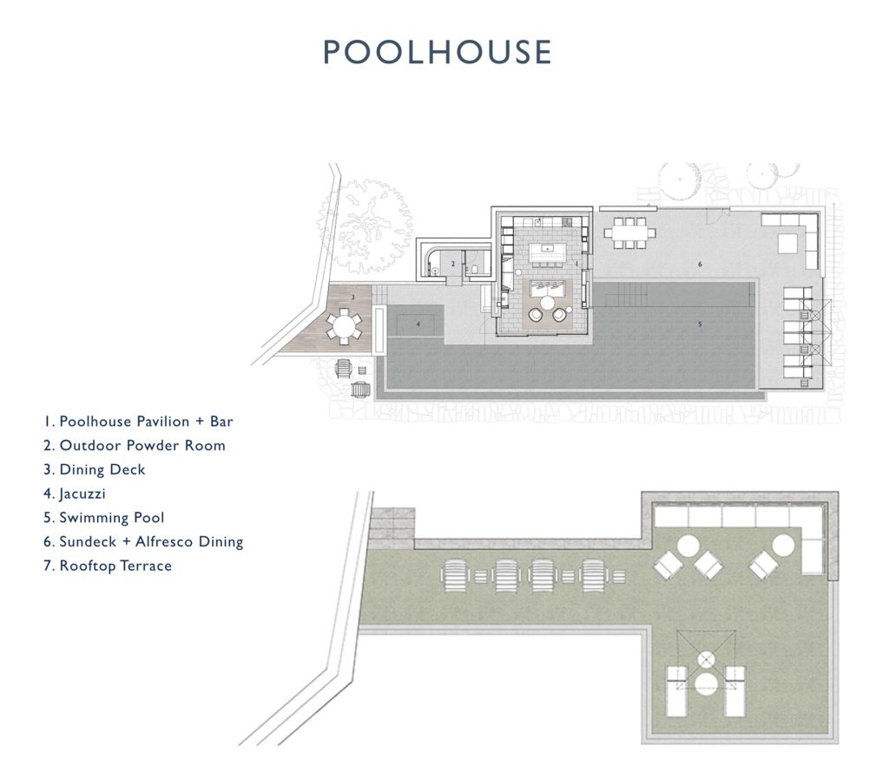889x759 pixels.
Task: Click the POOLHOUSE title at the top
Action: point(438,52)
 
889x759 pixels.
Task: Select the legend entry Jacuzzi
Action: point(75,494)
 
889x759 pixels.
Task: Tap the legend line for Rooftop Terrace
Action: point(107,566)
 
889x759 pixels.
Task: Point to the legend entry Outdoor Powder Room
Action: point(135,446)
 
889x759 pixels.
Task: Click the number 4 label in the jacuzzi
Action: point(418,324)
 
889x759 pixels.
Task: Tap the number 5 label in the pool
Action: point(700,324)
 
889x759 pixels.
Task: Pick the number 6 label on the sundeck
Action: point(700,265)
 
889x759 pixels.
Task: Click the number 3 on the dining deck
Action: point(352,297)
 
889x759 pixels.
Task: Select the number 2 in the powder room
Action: point(453,264)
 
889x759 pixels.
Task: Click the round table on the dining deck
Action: point(344,325)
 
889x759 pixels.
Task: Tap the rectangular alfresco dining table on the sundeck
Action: point(629,232)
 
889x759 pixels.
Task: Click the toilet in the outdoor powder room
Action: point(474,270)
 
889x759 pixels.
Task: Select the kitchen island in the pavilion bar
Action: point(548,252)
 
